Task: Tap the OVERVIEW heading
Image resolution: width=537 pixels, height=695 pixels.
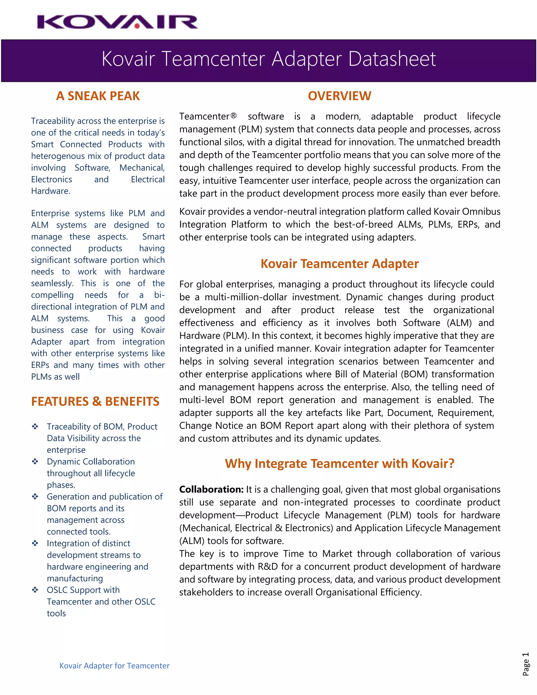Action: point(340,96)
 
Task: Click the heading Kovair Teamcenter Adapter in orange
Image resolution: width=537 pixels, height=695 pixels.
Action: point(340,264)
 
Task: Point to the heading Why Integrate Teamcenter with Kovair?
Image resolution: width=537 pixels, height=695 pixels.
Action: point(340,464)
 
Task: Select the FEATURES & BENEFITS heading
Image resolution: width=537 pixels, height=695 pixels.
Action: point(95,401)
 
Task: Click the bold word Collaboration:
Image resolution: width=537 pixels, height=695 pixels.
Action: point(211,489)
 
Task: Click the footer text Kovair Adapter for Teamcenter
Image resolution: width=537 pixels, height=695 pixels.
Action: point(115,666)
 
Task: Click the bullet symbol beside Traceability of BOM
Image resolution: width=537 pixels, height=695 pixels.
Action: point(35,426)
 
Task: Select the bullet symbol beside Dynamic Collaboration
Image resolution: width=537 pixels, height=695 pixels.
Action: point(35,461)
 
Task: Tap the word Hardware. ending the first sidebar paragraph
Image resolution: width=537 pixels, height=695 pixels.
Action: point(51,191)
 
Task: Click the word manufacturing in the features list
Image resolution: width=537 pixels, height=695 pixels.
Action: point(75,578)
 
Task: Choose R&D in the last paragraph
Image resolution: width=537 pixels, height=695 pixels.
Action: point(267,566)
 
